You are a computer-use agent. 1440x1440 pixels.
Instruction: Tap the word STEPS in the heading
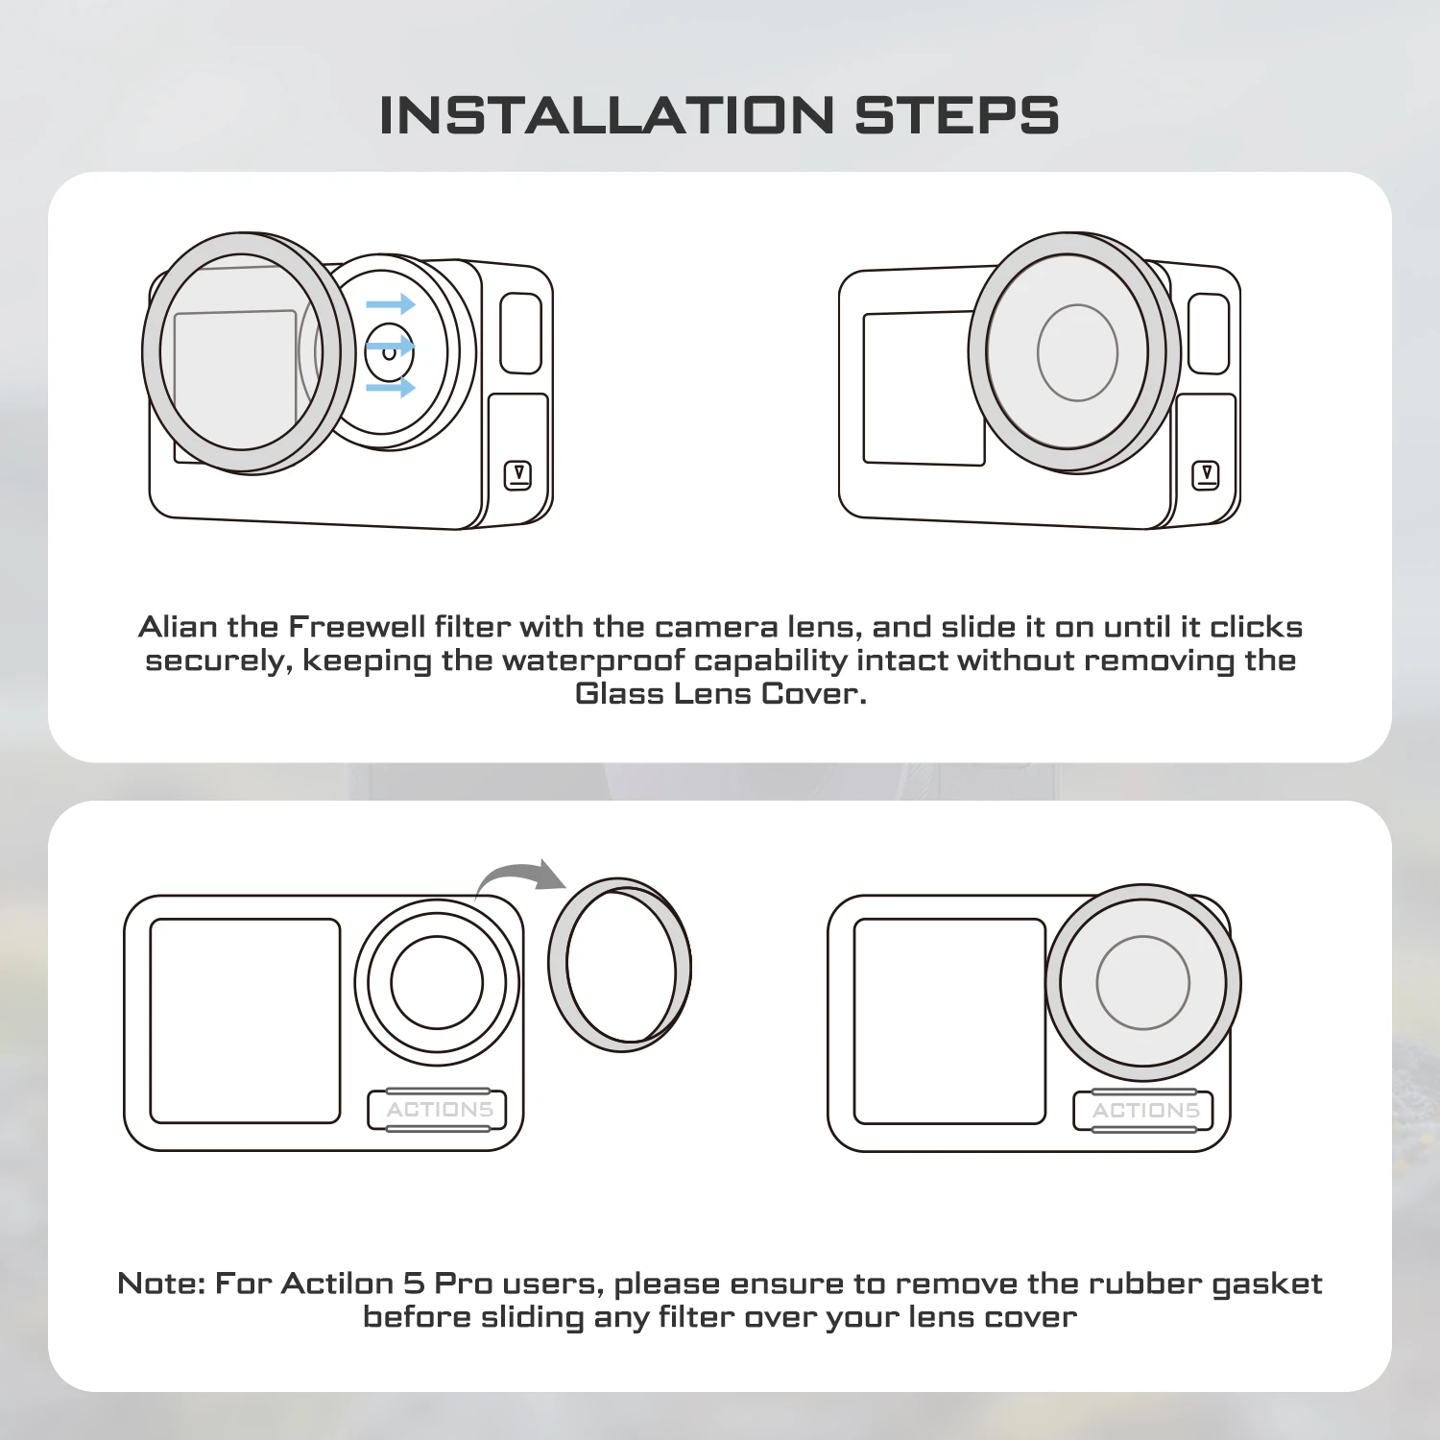[x=956, y=116]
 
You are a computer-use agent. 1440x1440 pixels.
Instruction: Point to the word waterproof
[x=592, y=661]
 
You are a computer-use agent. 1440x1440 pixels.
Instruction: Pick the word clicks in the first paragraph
[x=1256, y=627]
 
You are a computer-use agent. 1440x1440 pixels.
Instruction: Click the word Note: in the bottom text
[x=160, y=1284]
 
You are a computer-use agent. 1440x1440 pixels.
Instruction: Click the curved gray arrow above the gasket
[x=523, y=876]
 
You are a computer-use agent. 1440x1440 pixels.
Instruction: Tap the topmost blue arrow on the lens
[x=390, y=305]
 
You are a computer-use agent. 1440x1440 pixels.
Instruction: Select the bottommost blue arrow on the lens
[x=390, y=388]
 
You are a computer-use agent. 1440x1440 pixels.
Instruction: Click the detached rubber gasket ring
[x=619, y=964]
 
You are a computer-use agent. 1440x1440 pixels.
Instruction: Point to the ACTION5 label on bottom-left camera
[x=439, y=1110]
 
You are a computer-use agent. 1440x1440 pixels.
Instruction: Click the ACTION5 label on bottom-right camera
[x=1145, y=1111]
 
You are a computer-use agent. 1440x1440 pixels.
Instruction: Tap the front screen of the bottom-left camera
[x=245, y=1020]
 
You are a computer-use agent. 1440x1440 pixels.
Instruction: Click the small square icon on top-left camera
[x=518, y=475]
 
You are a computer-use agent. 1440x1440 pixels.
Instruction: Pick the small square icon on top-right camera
[x=1206, y=475]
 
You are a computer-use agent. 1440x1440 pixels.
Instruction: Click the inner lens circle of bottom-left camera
[x=437, y=982]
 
